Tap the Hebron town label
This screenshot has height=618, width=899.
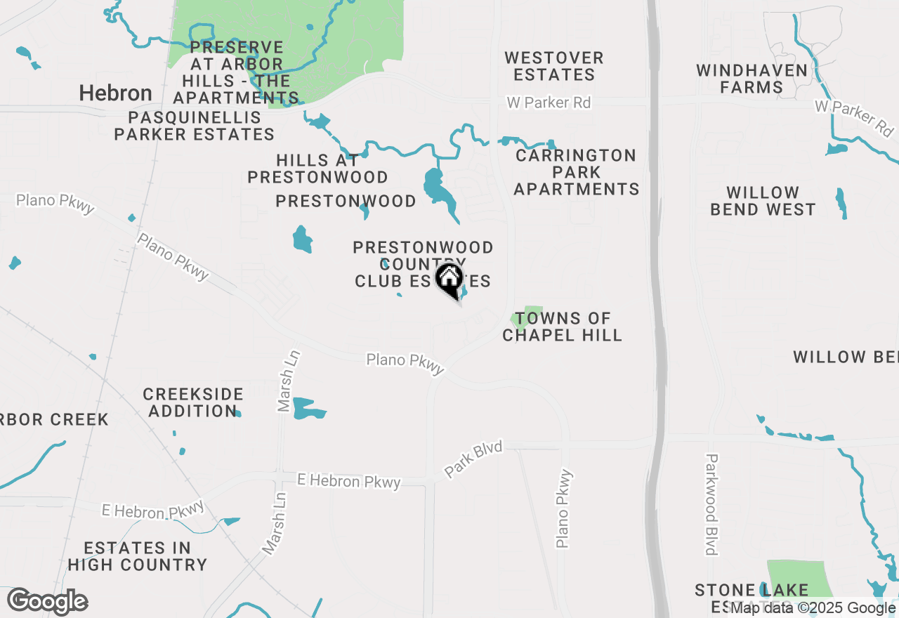coord(115,93)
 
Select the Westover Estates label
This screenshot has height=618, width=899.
coord(554,66)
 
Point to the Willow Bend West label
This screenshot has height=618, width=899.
coord(763,201)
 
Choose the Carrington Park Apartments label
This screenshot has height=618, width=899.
coord(577,172)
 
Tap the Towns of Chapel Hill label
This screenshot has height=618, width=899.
coord(563,327)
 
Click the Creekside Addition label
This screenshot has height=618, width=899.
coord(192,402)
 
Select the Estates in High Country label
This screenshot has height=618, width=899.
coord(137,555)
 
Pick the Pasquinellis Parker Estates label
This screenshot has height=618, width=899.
coord(194,126)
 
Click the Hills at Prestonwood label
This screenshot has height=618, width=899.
coord(318,169)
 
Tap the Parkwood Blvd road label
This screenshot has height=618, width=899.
coord(711,504)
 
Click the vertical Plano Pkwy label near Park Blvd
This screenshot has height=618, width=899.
coord(564,508)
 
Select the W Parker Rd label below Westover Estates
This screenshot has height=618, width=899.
coord(549,103)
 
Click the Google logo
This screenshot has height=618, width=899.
coord(48,602)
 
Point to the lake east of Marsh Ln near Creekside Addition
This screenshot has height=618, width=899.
coord(307,408)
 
